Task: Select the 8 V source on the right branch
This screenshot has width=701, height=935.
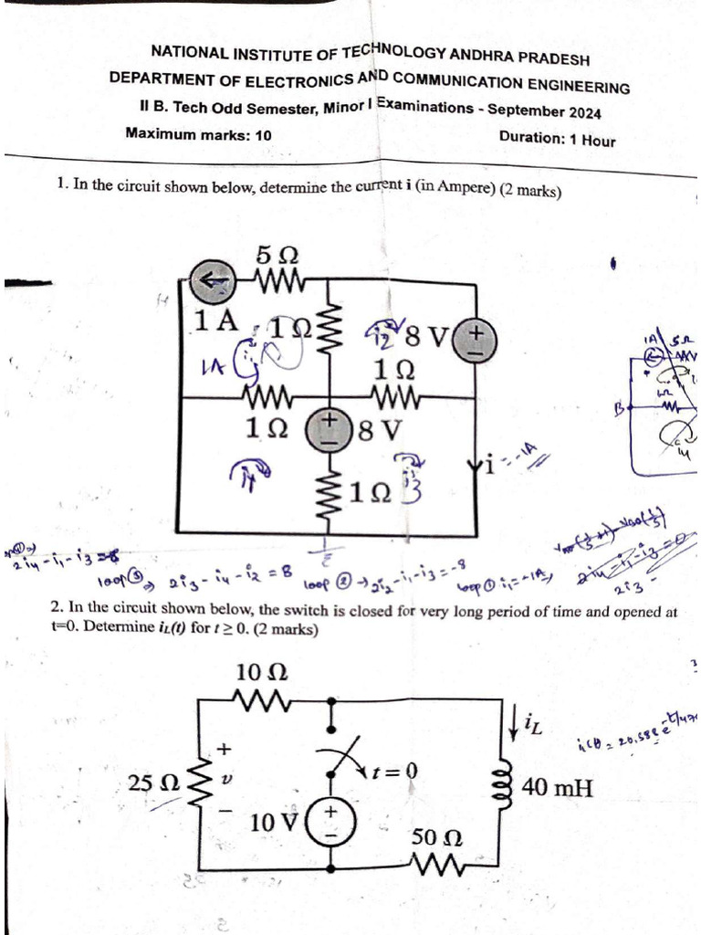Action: [x=476, y=340]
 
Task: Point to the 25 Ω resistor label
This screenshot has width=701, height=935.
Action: [x=153, y=783]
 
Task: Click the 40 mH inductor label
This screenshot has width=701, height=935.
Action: [x=558, y=786]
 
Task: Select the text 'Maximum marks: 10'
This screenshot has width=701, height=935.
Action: [x=198, y=133]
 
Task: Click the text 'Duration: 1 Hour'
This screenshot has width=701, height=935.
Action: [x=557, y=139]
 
